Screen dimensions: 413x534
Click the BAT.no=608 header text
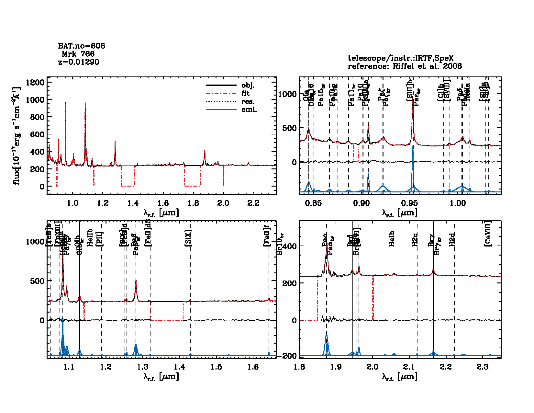tap(82, 46)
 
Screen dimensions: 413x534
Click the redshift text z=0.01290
tap(79, 62)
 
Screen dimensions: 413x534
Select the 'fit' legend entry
tap(246, 93)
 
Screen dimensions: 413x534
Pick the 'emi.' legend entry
tap(249, 110)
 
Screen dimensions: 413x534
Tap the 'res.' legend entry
tap(248, 102)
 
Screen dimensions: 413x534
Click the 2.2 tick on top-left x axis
tap(253, 203)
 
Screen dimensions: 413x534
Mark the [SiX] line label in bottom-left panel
tap(188, 239)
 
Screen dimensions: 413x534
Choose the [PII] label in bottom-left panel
tap(99, 239)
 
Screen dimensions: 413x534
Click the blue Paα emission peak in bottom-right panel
tap(327, 334)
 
